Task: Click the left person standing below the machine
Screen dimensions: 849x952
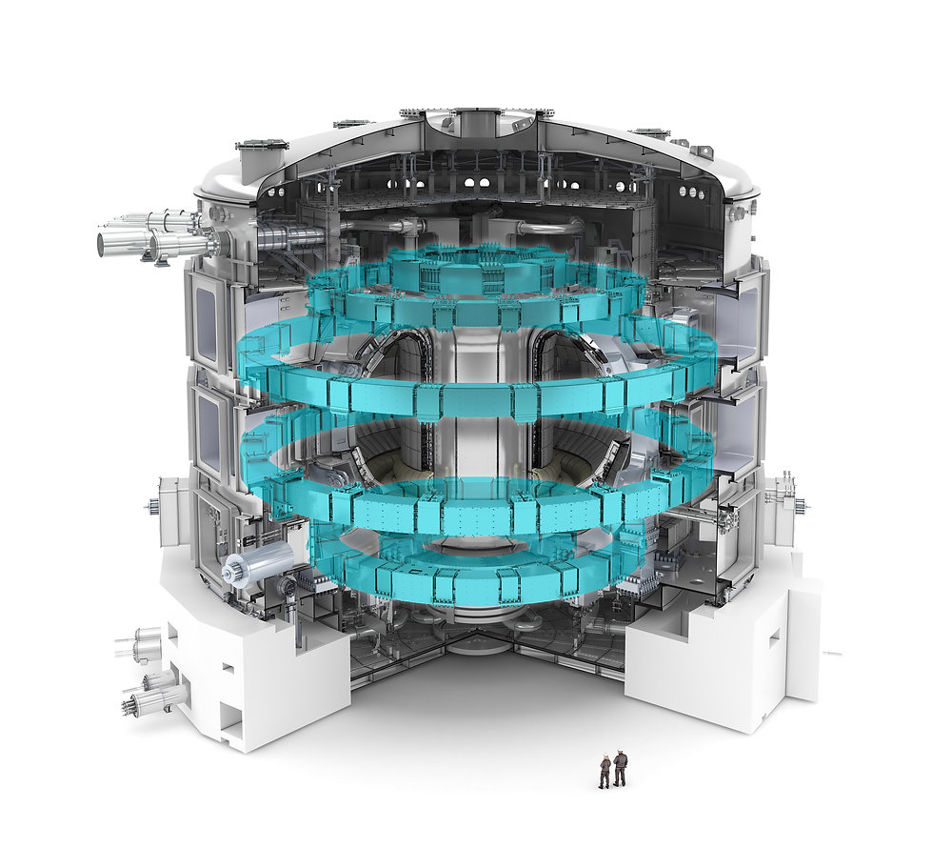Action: [605, 771]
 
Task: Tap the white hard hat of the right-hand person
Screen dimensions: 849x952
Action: [621, 754]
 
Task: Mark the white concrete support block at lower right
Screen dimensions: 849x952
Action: [724, 657]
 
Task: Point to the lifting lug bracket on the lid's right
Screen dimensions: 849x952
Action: [702, 152]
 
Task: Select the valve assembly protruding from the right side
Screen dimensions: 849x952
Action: [781, 491]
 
